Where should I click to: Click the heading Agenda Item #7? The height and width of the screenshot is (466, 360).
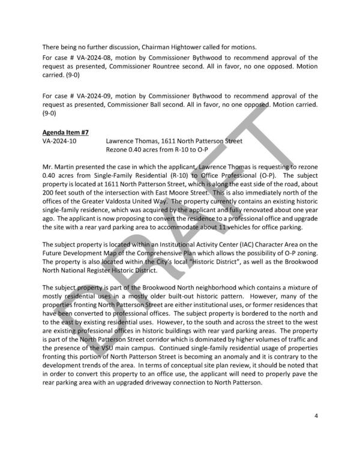click(66, 132)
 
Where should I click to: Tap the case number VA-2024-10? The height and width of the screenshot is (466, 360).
click(60, 141)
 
